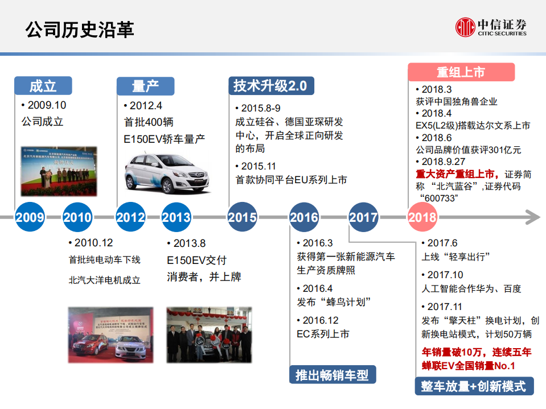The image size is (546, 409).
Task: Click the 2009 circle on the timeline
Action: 30,217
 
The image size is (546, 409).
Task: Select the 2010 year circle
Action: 77,217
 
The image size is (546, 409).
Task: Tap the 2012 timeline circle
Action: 130,217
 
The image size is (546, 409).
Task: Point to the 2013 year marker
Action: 176,217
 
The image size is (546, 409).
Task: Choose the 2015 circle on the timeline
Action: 242,217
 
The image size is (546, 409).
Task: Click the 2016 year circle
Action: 304,217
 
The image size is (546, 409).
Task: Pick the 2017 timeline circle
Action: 363,217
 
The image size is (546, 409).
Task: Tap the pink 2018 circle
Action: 422,217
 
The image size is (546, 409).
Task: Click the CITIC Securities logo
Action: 491,27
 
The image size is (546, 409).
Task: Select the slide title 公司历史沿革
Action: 80,29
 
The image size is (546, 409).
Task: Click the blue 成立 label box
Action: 43,86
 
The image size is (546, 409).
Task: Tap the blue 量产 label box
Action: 145,86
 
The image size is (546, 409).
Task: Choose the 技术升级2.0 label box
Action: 270,85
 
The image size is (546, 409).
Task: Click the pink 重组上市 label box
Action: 461,72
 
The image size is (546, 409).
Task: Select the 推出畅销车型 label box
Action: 332,375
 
